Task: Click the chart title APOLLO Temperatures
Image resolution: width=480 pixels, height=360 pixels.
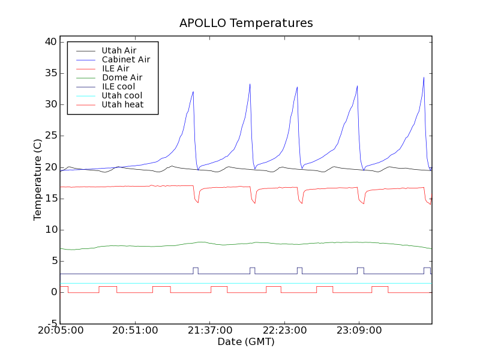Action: pyautogui.click(x=246, y=23)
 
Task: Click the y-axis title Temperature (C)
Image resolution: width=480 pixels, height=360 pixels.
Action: pyautogui.click(x=38, y=179)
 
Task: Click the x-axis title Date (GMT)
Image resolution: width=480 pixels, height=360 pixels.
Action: pyautogui.click(x=246, y=342)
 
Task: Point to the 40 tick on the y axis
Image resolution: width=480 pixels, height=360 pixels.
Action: pyautogui.click(x=50, y=42)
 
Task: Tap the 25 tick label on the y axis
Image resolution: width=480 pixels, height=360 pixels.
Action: pyautogui.click(x=50, y=136)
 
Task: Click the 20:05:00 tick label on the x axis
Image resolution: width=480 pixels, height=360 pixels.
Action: pyautogui.click(x=60, y=331)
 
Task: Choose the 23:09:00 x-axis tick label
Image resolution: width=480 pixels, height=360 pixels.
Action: pyautogui.click(x=358, y=331)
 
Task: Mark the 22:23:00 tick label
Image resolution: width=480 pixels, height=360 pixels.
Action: pyautogui.click(x=284, y=331)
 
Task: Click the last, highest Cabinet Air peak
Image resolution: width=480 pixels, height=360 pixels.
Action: pyautogui.click(x=424, y=77)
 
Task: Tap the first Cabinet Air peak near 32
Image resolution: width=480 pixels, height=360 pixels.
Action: pyautogui.click(x=193, y=92)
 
